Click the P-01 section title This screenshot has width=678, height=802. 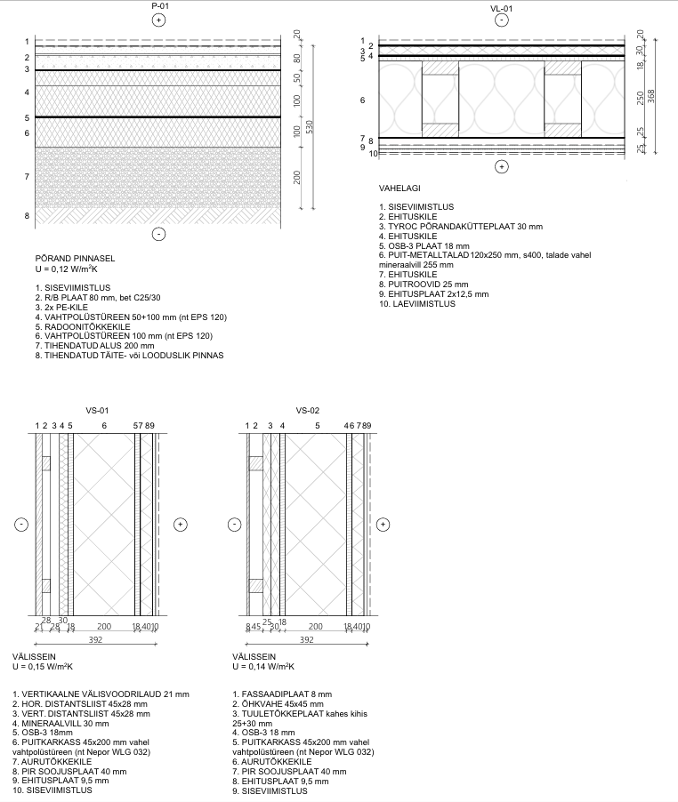point(158,6)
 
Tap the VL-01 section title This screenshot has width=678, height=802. point(501,8)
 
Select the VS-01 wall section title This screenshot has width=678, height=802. point(97,411)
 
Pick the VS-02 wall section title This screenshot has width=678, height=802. point(308,411)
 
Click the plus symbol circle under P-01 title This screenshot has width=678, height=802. point(158,20)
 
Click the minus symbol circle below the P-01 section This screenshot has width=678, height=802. point(158,234)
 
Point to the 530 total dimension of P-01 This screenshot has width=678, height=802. point(310,126)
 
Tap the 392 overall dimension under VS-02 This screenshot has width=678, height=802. point(307,639)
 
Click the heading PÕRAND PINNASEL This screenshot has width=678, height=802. point(75,259)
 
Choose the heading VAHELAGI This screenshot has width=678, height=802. point(400,189)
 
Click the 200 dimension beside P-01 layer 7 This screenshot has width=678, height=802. point(296,178)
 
